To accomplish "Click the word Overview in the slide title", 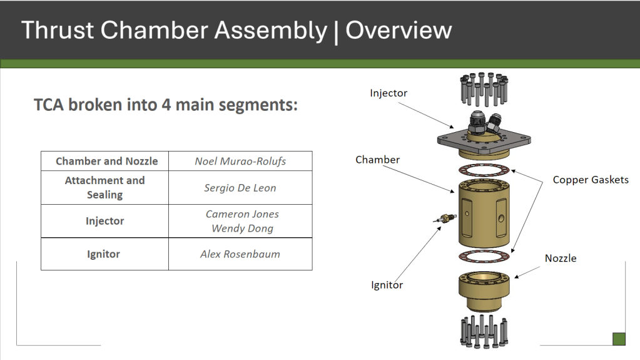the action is coord(399,30).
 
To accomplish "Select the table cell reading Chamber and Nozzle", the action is coord(106,162).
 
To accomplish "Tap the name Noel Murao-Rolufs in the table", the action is coord(240,162).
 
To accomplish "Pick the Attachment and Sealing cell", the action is coord(105,188).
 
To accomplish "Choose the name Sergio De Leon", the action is coord(240,188).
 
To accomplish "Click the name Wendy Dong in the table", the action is coord(242,229).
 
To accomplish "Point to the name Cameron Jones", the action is coord(242,214).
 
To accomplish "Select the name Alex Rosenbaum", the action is coord(240,254).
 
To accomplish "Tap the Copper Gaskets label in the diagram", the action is coord(590,180).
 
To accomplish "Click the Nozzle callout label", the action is coord(561,258).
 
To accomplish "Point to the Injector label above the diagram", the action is coord(388,93).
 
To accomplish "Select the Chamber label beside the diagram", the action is coord(377,160).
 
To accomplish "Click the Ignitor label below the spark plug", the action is coord(387,285).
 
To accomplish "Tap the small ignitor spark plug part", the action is coord(445,218).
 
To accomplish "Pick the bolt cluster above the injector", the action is coord(484,89).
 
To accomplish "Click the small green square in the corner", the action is coord(619,339).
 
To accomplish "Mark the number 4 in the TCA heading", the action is coord(166,105).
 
